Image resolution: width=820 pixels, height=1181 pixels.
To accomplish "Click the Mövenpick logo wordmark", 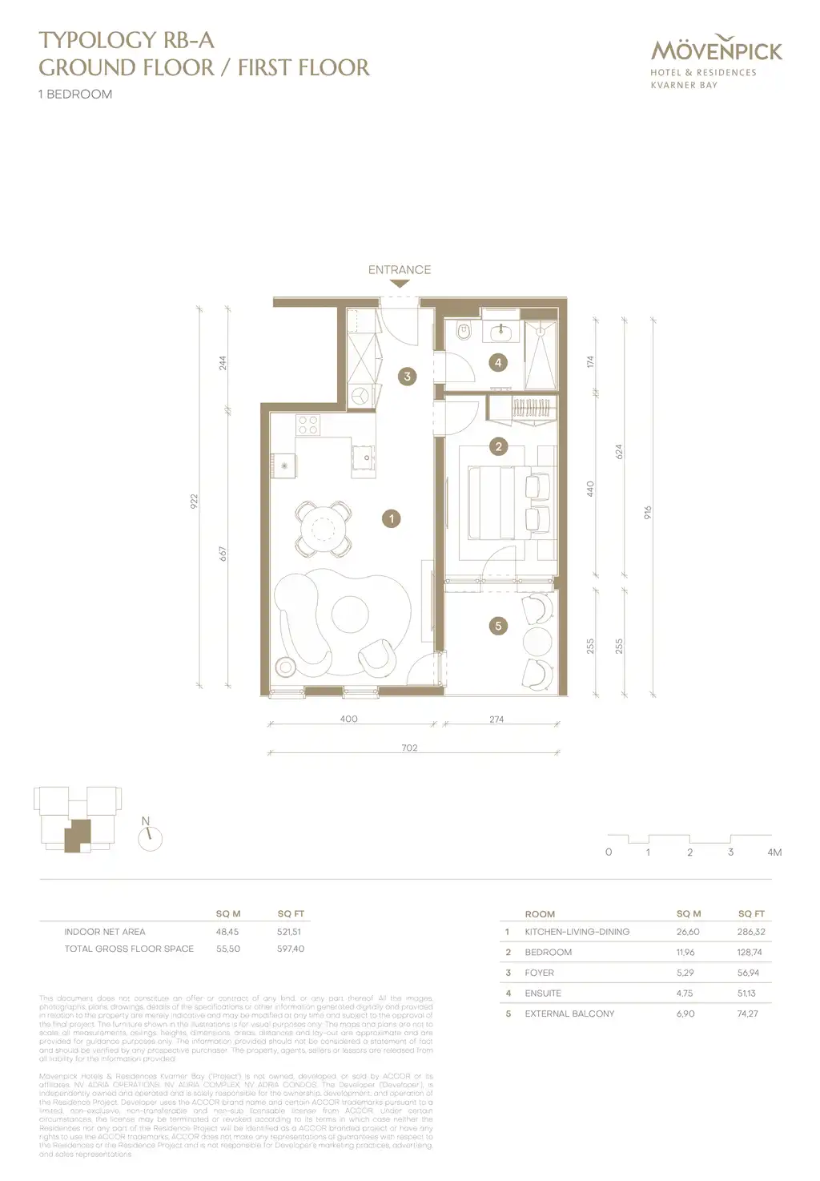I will pyautogui.click(x=717, y=50).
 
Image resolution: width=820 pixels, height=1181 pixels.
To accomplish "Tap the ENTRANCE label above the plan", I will pyautogui.click(x=399, y=270).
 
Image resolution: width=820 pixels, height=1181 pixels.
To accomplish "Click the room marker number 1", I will pyautogui.click(x=392, y=519).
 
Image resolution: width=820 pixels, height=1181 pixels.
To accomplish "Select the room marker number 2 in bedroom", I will pyautogui.click(x=498, y=446).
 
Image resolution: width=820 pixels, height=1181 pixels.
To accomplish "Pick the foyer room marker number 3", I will pyautogui.click(x=407, y=376).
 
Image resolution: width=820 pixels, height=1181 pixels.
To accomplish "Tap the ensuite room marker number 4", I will pyautogui.click(x=498, y=363).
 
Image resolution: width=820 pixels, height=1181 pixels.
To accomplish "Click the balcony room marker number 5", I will pyautogui.click(x=498, y=626).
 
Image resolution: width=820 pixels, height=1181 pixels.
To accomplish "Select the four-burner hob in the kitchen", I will pyautogui.click(x=308, y=424).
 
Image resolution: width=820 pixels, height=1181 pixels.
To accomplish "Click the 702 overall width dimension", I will pyautogui.click(x=409, y=748).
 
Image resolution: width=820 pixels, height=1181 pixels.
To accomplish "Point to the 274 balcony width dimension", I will pyautogui.click(x=496, y=719).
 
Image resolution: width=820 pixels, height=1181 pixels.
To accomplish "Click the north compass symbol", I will pyautogui.click(x=150, y=838).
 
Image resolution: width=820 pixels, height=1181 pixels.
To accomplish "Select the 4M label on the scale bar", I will pyautogui.click(x=774, y=852).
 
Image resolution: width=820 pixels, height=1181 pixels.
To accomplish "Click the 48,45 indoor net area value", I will pyautogui.click(x=227, y=932).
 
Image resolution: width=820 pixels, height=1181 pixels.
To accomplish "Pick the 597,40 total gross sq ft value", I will pyautogui.click(x=290, y=949).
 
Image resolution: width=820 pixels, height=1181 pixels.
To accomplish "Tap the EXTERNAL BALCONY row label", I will pyautogui.click(x=569, y=1014).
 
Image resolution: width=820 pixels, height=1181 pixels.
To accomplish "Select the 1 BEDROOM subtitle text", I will pyautogui.click(x=75, y=94).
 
